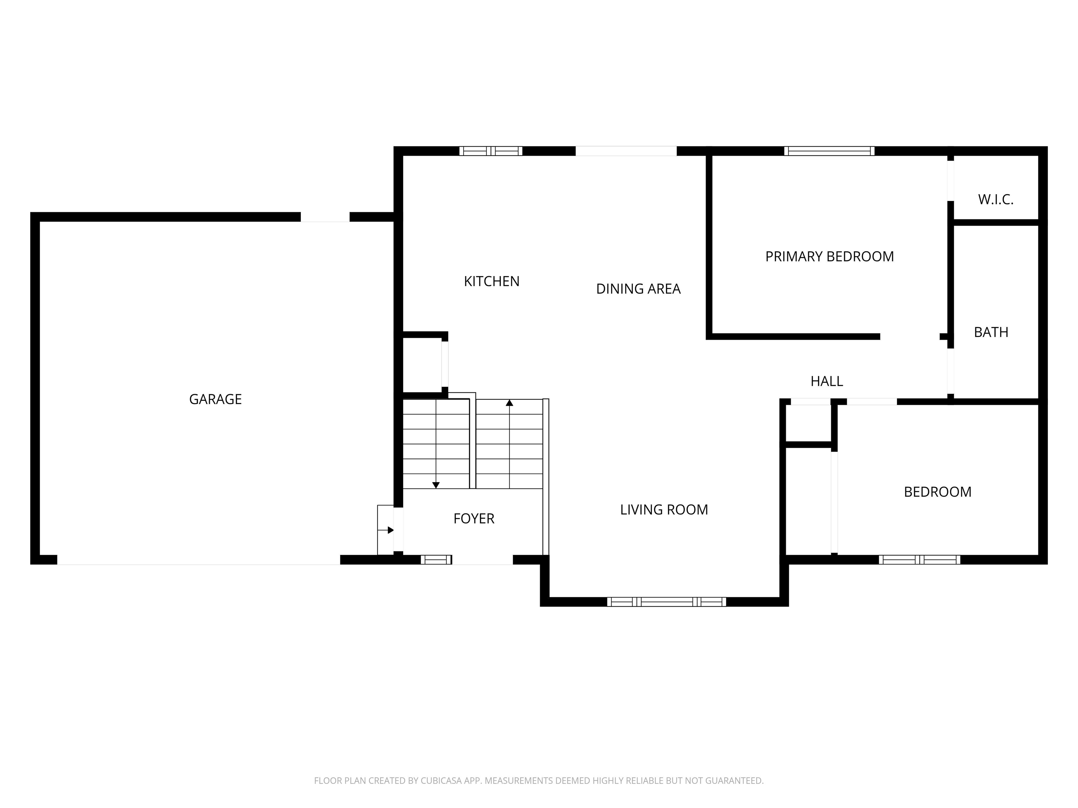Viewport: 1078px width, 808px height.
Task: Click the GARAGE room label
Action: (x=215, y=399)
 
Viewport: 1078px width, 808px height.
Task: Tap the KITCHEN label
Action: (x=492, y=282)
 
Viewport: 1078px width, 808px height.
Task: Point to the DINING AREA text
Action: (x=638, y=289)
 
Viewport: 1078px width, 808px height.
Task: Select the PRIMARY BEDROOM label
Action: (x=830, y=257)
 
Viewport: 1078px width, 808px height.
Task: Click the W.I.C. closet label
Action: (x=996, y=200)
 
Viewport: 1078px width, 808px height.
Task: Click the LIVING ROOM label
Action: (x=664, y=510)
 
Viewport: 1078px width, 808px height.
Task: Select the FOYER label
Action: (x=474, y=519)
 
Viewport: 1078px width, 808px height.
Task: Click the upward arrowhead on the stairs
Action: (x=509, y=403)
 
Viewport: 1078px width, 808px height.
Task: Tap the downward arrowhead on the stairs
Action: (x=436, y=485)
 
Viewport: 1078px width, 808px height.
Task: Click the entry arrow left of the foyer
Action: (x=386, y=530)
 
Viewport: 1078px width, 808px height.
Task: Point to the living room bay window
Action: (x=666, y=602)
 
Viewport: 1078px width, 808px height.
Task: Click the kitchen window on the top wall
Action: (x=491, y=151)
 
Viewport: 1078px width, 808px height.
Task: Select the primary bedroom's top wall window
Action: (x=829, y=151)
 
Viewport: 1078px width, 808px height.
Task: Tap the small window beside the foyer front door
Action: (x=436, y=560)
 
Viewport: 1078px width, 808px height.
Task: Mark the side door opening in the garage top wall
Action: (x=325, y=217)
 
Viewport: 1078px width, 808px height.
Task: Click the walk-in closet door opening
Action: (x=950, y=181)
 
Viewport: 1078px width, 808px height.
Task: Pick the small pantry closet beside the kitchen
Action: (x=422, y=365)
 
